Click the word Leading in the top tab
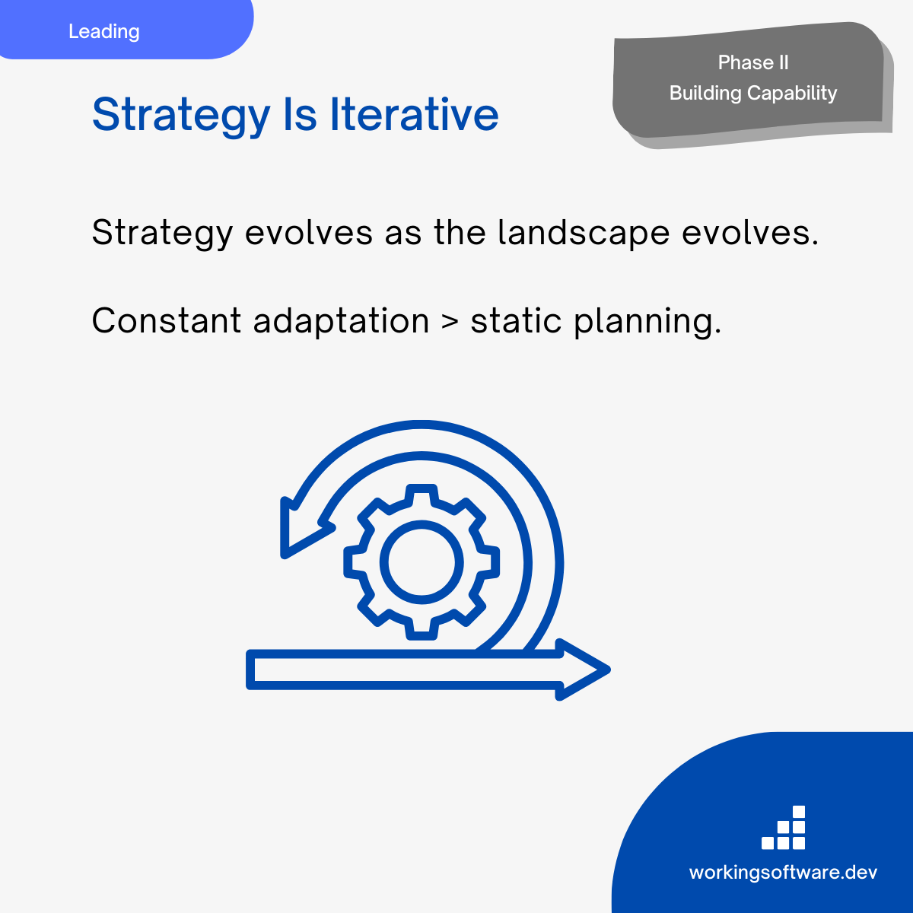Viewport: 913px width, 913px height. click(x=103, y=32)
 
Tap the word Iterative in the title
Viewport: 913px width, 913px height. click(x=414, y=114)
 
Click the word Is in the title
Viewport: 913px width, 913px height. click(x=300, y=114)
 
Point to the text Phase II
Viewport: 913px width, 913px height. click(x=753, y=62)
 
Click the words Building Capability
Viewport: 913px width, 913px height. click(x=753, y=94)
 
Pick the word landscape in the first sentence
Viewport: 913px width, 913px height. click(x=584, y=233)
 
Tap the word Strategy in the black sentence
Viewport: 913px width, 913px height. click(x=162, y=233)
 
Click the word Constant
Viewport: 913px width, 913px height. click(x=167, y=321)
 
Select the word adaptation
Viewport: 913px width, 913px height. click(x=341, y=322)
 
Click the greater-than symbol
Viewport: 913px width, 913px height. click(x=450, y=322)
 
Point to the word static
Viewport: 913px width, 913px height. click(x=516, y=321)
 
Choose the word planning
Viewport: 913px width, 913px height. click(x=647, y=322)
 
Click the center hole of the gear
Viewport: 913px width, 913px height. click(x=422, y=562)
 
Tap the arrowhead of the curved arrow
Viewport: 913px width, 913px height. click(x=304, y=529)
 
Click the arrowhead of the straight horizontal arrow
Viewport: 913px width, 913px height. click(x=583, y=670)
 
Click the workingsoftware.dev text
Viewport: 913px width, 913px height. click(x=783, y=873)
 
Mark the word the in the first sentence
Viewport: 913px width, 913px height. click(x=460, y=232)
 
